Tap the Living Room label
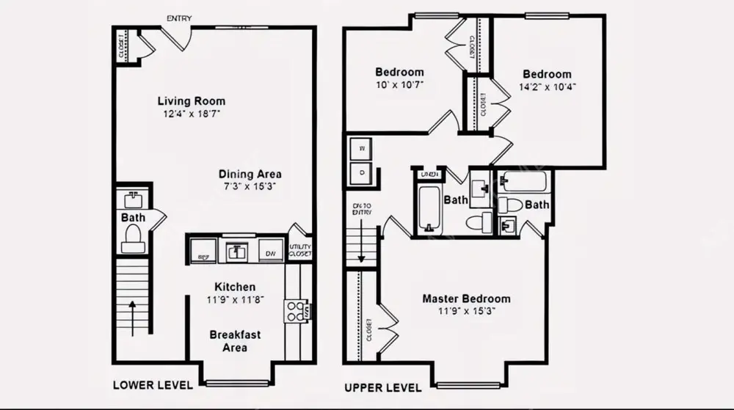pyautogui.click(x=192, y=101)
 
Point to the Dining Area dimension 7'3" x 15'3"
pyautogui.click(x=250, y=186)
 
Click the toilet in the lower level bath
pyautogui.click(x=133, y=238)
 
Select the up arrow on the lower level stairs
pyautogui.click(x=133, y=308)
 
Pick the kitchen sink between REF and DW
pyautogui.click(x=237, y=251)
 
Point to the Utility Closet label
pyautogui.click(x=300, y=250)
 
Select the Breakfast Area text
pyautogui.click(x=235, y=341)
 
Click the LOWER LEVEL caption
pyautogui.click(x=153, y=385)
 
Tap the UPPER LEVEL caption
pyautogui.click(x=383, y=387)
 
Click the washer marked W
pyautogui.click(x=361, y=150)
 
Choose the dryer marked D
pyautogui.click(x=361, y=173)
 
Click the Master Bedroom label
pyautogui.click(x=466, y=299)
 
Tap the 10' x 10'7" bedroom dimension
pyautogui.click(x=399, y=84)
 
